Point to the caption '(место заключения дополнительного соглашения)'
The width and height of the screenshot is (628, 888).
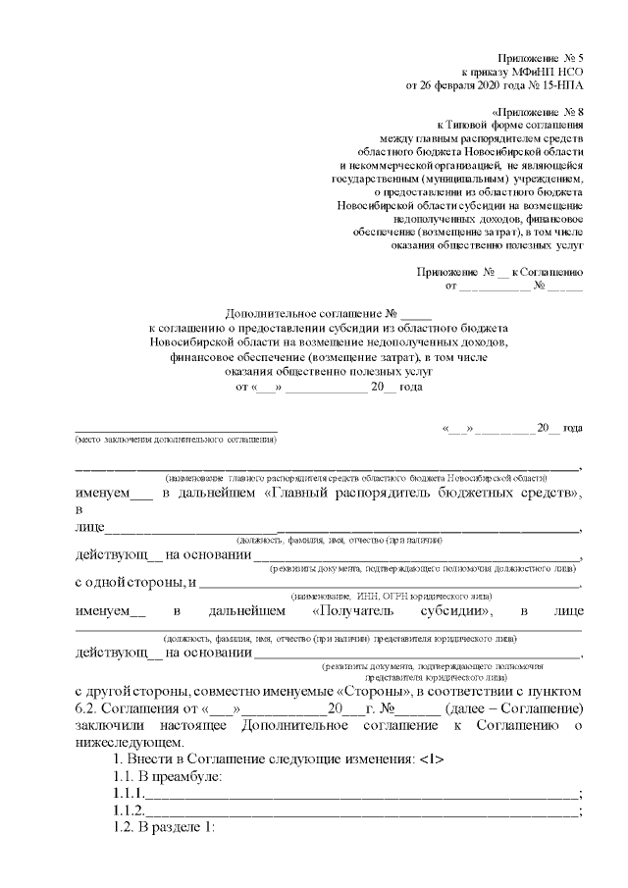(x=169, y=441)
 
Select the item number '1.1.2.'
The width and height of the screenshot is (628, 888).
(x=129, y=810)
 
